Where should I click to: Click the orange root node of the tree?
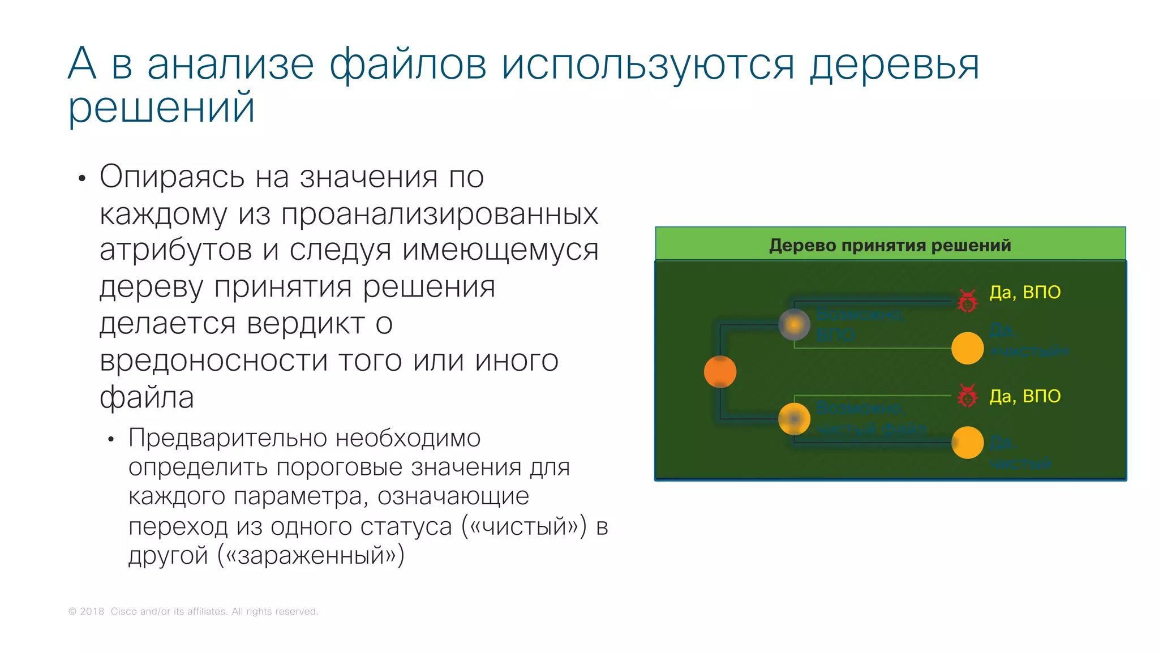(720, 372)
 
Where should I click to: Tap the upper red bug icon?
(967, 301)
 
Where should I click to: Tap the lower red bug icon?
(967, 396)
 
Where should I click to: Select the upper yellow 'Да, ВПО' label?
(1024, 292)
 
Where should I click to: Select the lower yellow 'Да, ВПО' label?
(1024, 396)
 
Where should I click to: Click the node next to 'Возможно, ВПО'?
(794, 324)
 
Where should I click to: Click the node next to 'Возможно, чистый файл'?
(794, 419)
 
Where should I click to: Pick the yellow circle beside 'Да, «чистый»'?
(967, 348)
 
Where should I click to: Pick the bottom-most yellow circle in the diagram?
(967, 443)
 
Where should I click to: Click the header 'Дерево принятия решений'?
(890, 245)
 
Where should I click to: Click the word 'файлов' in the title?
(407, 65)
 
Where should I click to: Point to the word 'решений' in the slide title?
(161, 108)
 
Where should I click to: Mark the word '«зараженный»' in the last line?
(311, 555)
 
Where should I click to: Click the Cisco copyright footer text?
(193, 611)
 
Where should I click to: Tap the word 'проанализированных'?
(439, 214)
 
